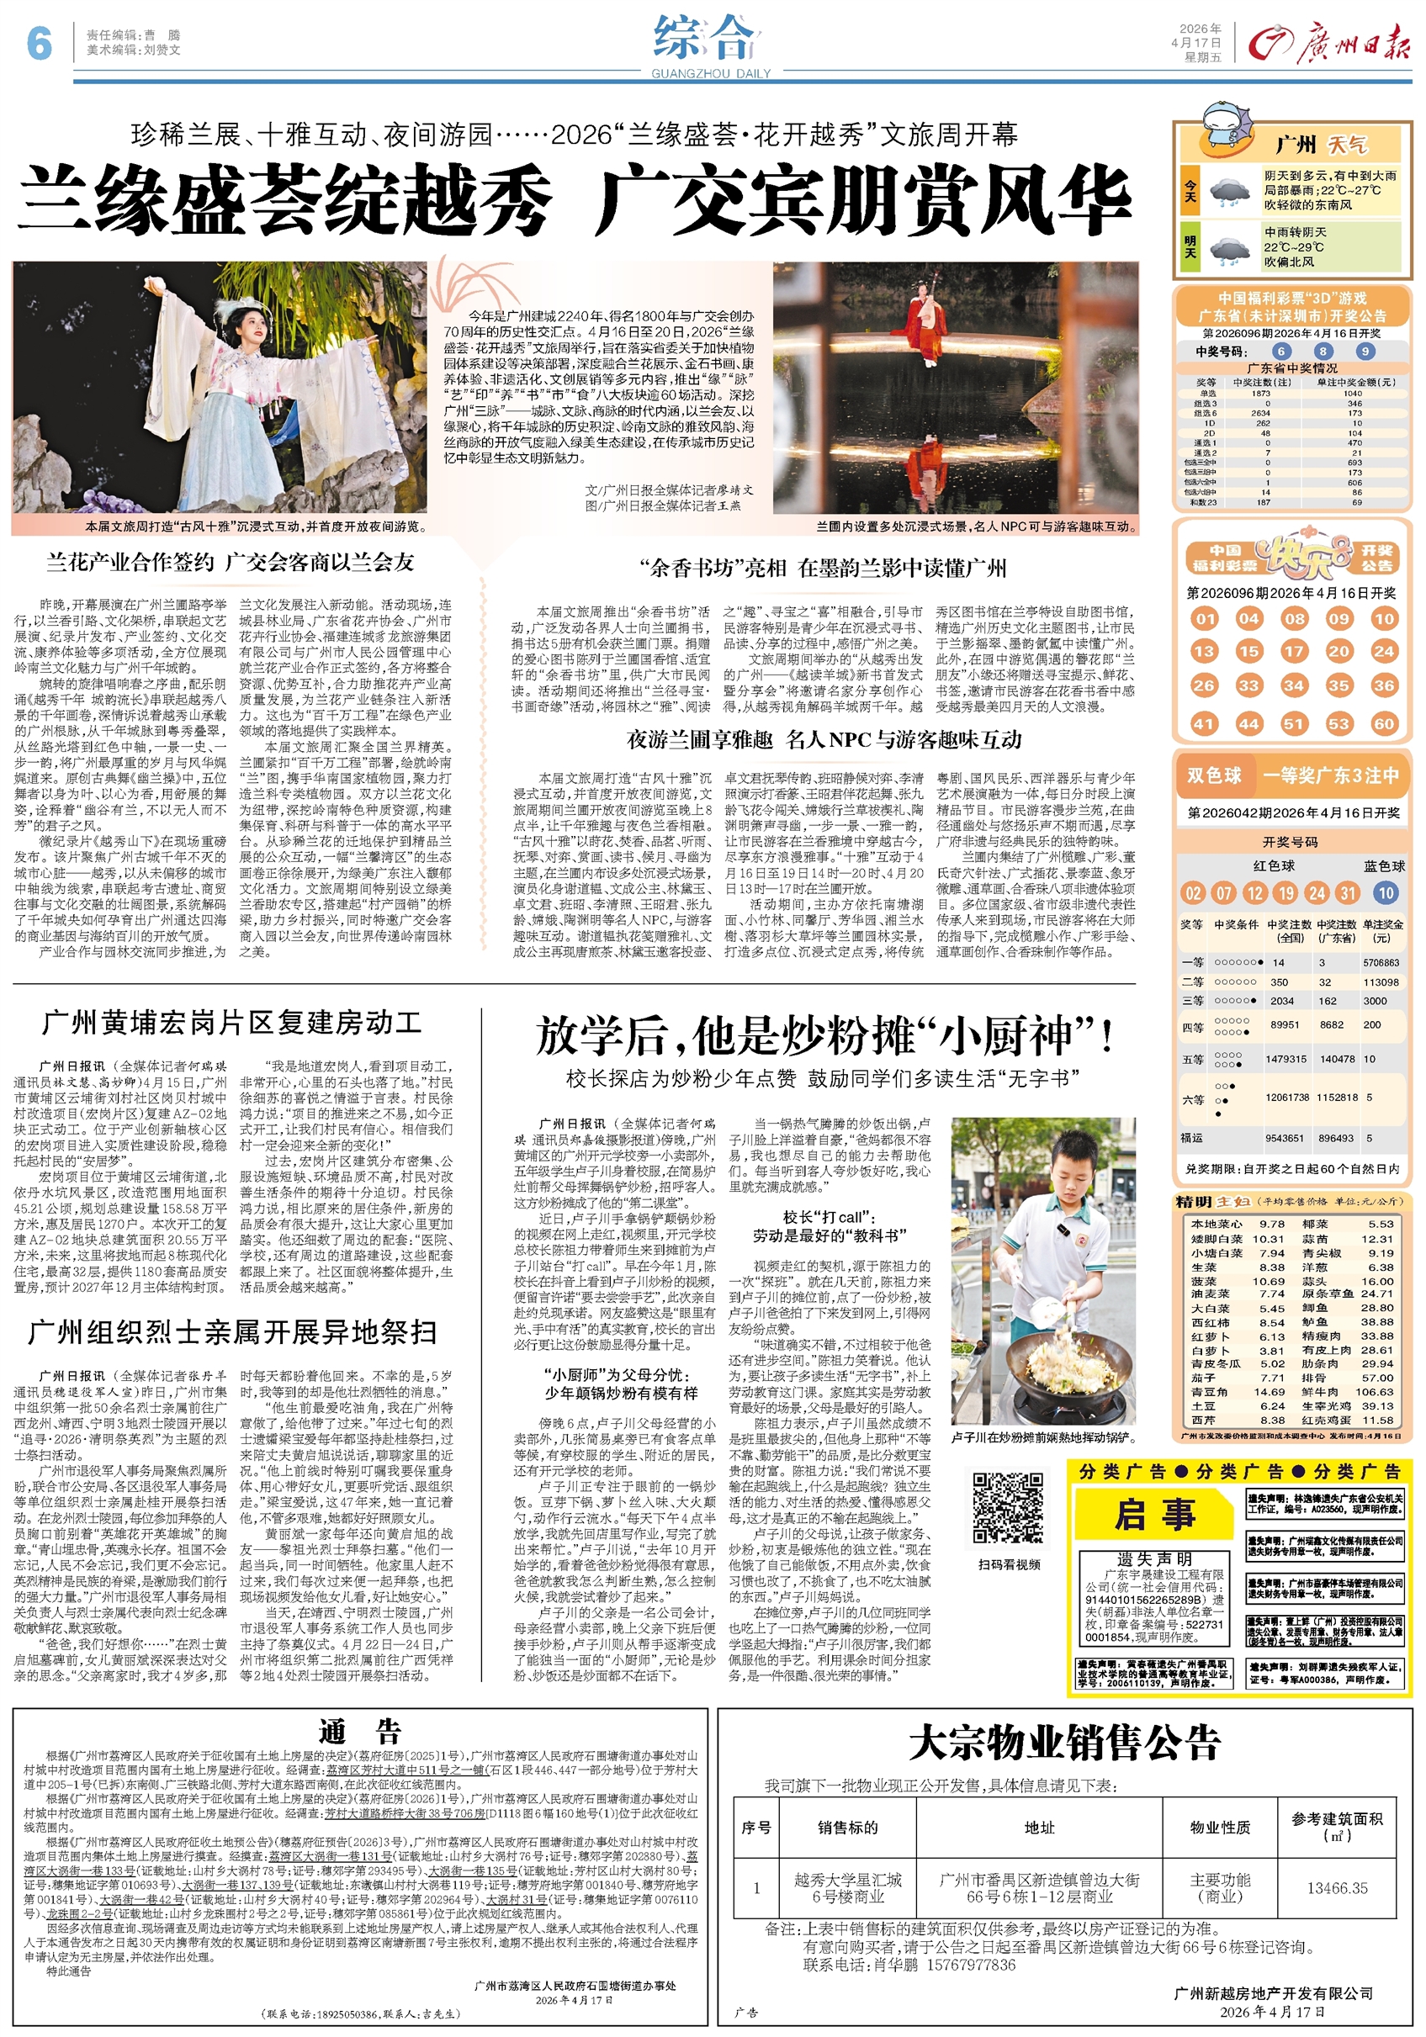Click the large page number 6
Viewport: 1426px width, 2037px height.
39,42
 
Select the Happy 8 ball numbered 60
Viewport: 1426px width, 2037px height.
1383,723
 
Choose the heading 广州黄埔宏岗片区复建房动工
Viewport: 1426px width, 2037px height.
232,1023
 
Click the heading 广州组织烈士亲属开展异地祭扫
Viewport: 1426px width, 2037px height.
232,1332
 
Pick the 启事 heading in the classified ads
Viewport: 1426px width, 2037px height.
1154,1514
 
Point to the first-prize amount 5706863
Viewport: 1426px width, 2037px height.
1381,963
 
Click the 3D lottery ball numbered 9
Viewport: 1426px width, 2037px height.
1365,352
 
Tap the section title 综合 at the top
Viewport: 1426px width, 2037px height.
707,39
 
